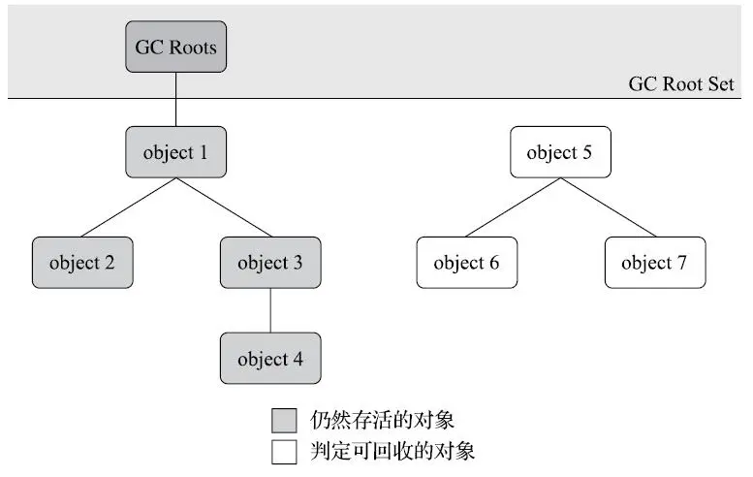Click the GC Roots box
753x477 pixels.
click(x=175, y=48)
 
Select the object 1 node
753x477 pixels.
click(x=175, y=152)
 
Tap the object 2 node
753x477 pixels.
click(x=81, y=263)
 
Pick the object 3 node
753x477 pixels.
click(x=269, y=263)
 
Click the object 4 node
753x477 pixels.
click(x=269, y=359)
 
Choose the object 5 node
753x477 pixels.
click(x=560, y=152)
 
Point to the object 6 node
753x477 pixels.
click(x=466, y=263)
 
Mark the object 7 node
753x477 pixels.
click(x=654, y=263)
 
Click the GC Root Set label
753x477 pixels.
click(x=681, y=84)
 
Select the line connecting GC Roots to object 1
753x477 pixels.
click(x=175, y=99)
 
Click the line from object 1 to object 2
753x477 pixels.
click(x=129, y=207)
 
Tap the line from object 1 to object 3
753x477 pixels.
click(x=222, y=207)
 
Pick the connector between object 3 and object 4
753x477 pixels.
click(x=269, y=310)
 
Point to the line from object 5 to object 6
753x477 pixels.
click(x=514, y=207)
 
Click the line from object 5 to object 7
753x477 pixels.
click(x=607, y=207)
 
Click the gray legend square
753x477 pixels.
click(x=284, y=421)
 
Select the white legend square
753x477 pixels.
click(x=284, y=452)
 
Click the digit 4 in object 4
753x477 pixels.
click(x=298, y=359)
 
